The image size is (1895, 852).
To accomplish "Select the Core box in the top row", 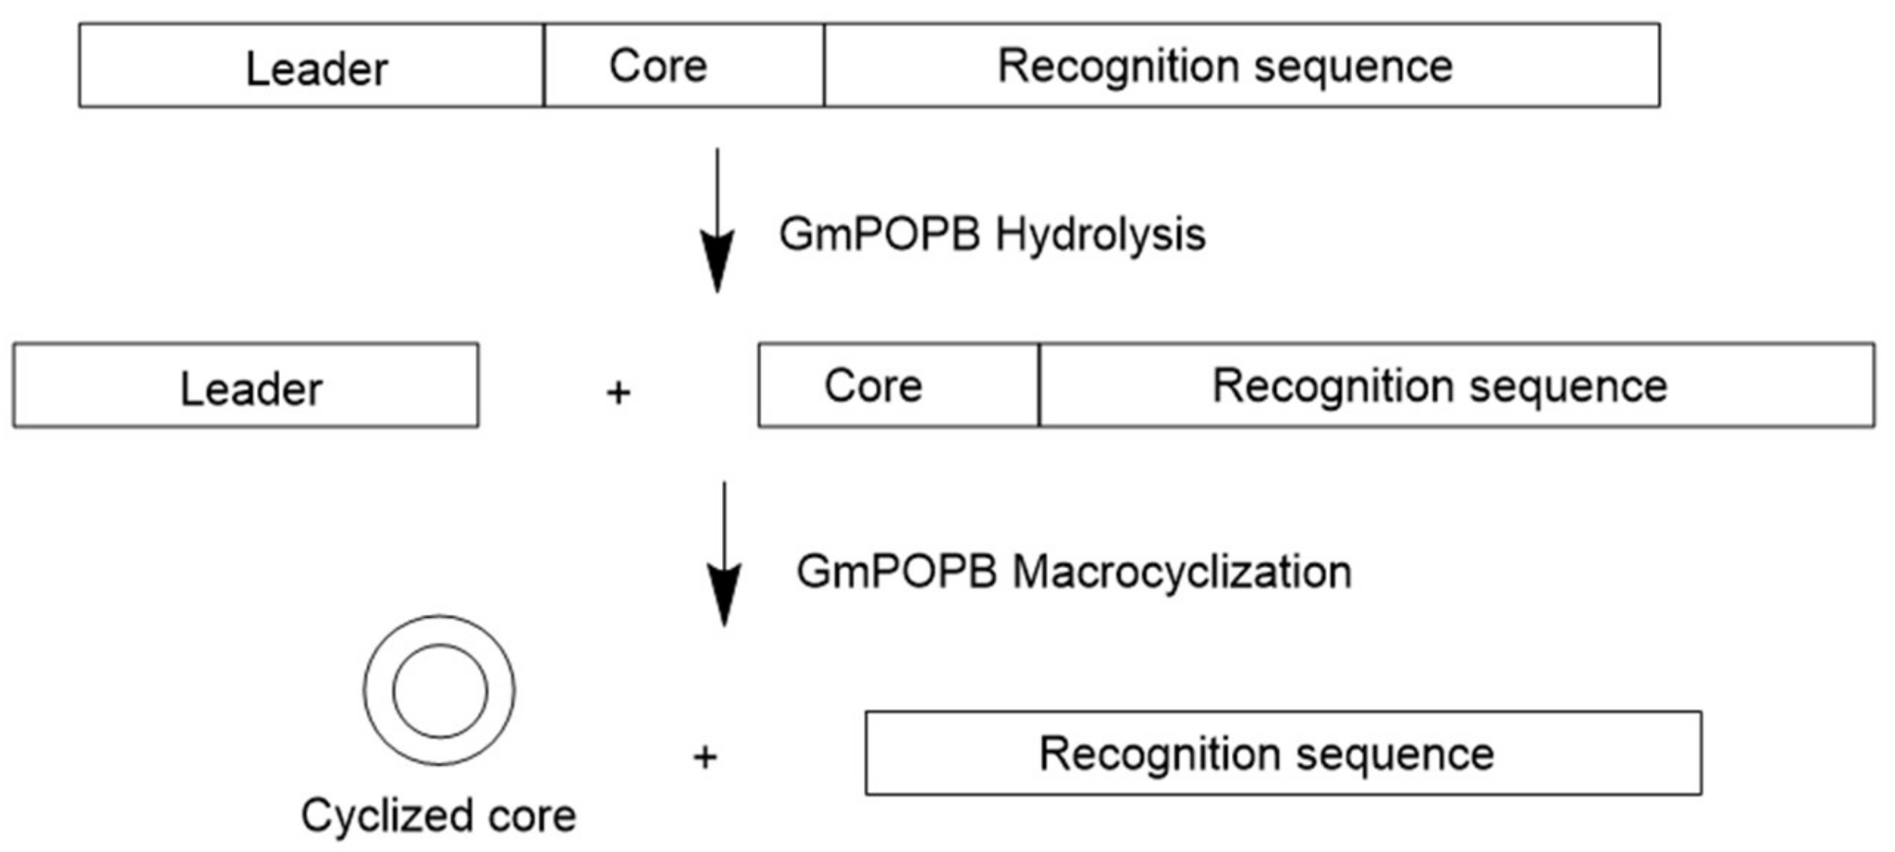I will [683, 65].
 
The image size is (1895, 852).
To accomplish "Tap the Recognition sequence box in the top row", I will [1241, 65].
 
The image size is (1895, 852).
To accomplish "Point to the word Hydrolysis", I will [1100, 235].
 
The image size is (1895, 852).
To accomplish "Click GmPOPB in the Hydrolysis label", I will [879, 235].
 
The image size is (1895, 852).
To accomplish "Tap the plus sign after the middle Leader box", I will [618, 392].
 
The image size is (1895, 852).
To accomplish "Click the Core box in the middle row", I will [898, 386].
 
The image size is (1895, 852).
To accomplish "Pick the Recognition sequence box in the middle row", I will [1456, 386].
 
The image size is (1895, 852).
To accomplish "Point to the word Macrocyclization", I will [1182, 571].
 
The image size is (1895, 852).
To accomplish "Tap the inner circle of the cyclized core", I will [439, 691].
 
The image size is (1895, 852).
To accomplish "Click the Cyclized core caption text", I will [438, 815].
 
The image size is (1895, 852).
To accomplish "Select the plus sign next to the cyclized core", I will [705, 757].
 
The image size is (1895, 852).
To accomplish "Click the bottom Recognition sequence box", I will [1283, 754].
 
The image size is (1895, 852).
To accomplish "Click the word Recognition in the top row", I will [1119, 67].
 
